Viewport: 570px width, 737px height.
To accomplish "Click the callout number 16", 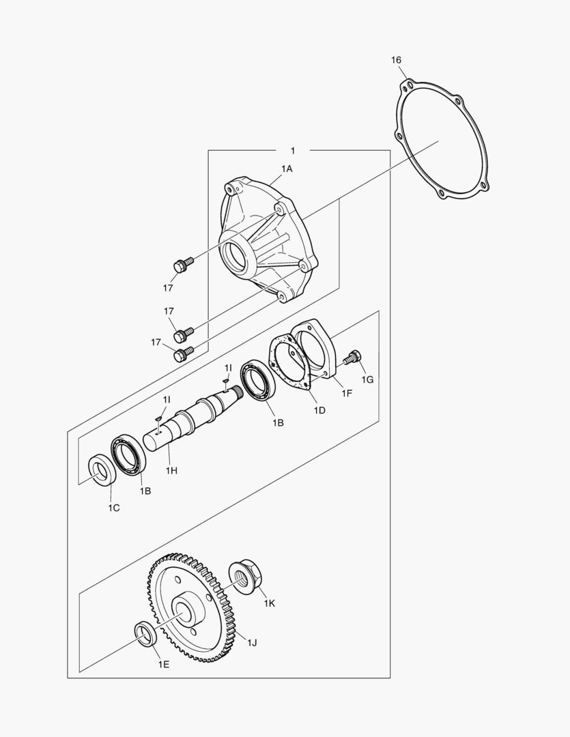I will [397, 60].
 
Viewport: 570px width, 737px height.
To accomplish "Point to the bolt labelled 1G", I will [353, 357].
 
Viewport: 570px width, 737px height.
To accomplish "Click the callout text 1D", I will [319, 410].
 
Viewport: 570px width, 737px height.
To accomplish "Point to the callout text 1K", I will [270, 604].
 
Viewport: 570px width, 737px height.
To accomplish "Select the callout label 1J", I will [252, 642].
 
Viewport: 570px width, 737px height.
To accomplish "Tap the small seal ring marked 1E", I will [145, 633].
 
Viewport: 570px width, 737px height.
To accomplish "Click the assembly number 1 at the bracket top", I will [293, 149].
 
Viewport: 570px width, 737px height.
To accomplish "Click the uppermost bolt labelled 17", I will [182, 265].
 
